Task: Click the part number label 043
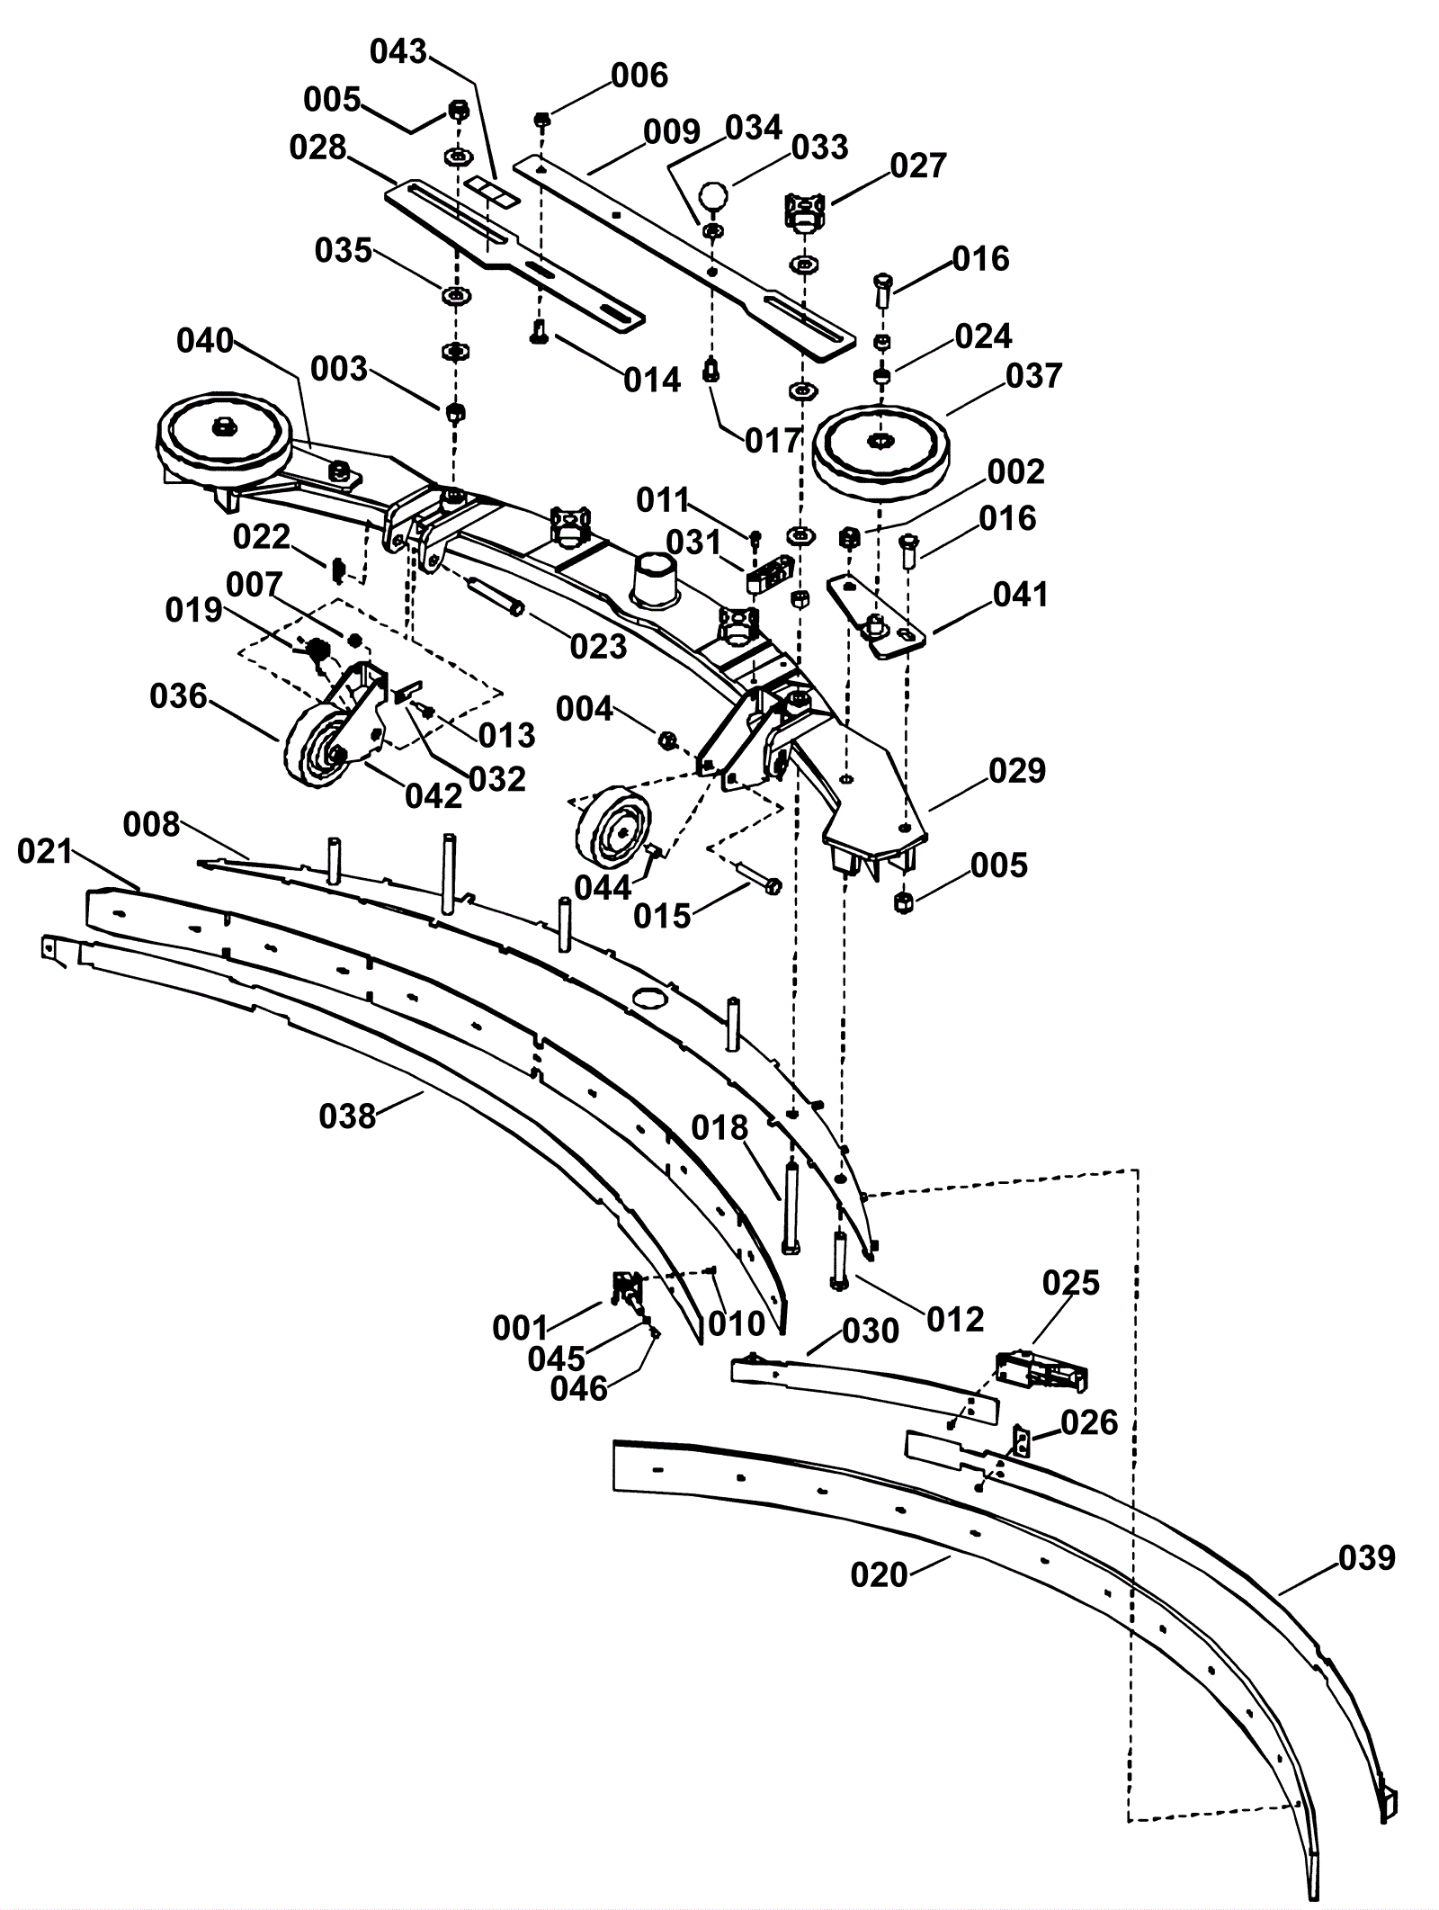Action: pyautogui.click(x=398, y=52)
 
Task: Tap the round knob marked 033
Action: pyautogui.click(x=713, y=196)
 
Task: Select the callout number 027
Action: pyautogui.click(x=918, y=166)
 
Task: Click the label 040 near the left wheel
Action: pyautogui.click(x=205, y=342)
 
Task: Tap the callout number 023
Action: pyautogui.click(x=599, y=646)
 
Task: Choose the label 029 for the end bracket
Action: pyautogui.click(x=1017, y=771)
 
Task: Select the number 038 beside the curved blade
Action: pyautogui.click(x=347, y=1116)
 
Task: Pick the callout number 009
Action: pyautogui.click(x=672, y=132)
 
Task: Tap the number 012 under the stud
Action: pyautogui.click(x=955, y=1320)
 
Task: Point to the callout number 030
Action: pyautogui.click(x=871, y=1331)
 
